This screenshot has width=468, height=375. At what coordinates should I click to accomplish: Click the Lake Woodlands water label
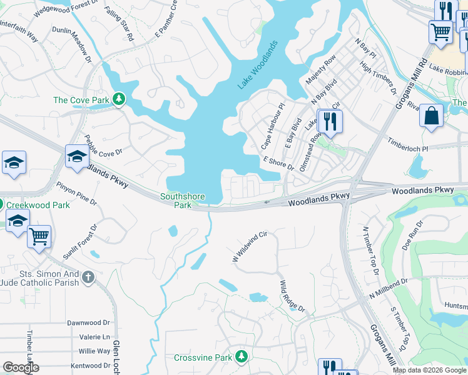click(x=257, y=65)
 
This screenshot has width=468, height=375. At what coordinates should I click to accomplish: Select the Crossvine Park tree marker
click(x=242, y=357)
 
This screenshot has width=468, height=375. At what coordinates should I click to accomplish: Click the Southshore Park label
click(x=183, y=201)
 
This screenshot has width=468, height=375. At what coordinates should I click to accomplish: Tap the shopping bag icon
click(x=431, y=116)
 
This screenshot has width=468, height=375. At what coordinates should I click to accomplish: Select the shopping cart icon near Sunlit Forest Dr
click(x=39, y=237)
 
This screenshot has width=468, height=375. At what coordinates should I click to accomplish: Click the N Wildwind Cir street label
click(x=250, y=246)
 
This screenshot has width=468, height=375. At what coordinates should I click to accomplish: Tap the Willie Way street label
click(x=94, y=351)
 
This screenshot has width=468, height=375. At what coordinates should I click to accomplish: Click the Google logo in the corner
click(x=21, y=367)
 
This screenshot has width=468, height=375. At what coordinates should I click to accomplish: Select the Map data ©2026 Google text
click(x=429, y=370)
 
